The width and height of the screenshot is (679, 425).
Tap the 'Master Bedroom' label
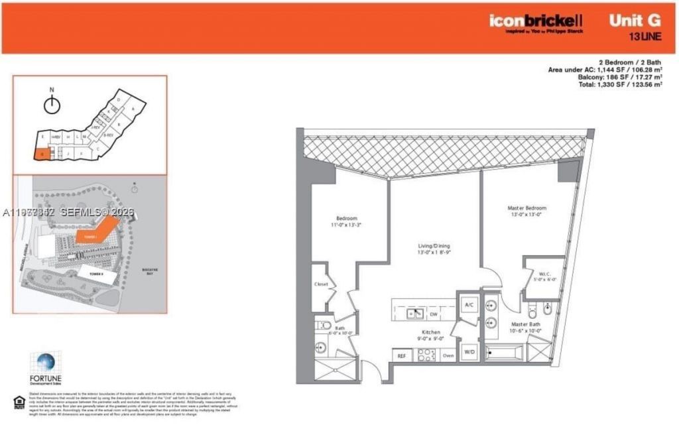click(x=527, y=208)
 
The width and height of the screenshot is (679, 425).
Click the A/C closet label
click(x=468, y=304)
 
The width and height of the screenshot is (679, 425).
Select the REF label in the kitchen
click(x=401, y=356)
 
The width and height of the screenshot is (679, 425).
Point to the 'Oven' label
click(x=448, y=356)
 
